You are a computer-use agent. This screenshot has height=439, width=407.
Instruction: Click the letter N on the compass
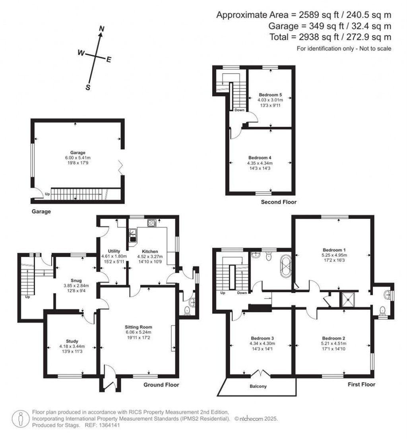pos(102,29)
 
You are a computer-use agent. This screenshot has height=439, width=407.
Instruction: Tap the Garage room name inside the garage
pos(78,153)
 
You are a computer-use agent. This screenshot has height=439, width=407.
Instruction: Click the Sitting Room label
pos(138,327)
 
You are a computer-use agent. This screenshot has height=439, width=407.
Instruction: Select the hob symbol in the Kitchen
pos(152,223)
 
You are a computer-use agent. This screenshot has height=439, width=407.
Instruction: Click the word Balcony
pos(258,387)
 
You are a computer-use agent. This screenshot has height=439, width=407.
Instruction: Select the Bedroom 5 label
pos(270,95)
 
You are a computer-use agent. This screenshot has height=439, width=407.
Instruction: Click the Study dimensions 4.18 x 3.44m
pos(72,346)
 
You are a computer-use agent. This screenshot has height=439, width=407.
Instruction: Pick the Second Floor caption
pos(279,202)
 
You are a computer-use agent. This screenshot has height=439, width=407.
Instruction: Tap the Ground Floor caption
pos(161,385)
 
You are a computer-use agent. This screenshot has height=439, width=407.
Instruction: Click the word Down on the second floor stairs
pos(239,110)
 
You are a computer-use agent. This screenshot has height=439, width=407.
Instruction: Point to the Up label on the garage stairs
pos(47,194)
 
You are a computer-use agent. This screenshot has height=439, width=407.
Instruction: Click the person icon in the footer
pos(21,419)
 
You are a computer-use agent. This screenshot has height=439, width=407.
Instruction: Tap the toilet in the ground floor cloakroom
pos(187,311)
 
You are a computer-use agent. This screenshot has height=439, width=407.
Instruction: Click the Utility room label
pos(114,251)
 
